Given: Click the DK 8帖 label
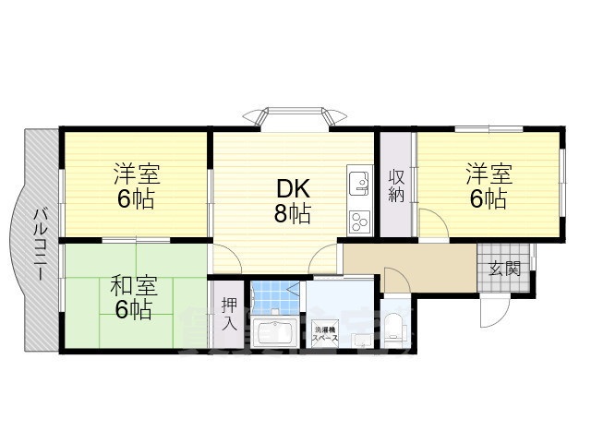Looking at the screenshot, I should pyautogui.click(x=292, y=200).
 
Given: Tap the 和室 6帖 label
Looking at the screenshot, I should pyautogui.click(x=134, y=298).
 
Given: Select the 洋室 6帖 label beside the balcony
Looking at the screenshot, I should pyautogui.click(x=135, y=186).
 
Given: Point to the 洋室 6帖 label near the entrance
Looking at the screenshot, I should pyautogui.click(x=486, y=186).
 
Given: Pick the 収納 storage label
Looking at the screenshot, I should pyautogui.click(x=396, y=186).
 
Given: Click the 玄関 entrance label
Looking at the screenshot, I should pyautogui.click(x=504, y=269).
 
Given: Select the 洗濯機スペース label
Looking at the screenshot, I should pyautogui.click(x=326, y=333).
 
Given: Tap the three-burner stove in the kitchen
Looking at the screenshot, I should pyautogui.click(x=358, y=221).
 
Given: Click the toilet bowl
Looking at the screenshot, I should pyautogui.click(x=394, y=327).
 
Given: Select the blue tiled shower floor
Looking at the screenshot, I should pyautogui.click(x=274, y=294).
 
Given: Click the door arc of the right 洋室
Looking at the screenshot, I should pyautogui.click(x=430, y=223).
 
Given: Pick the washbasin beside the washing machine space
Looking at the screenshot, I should pyautogui.click(x=362, y=338).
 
